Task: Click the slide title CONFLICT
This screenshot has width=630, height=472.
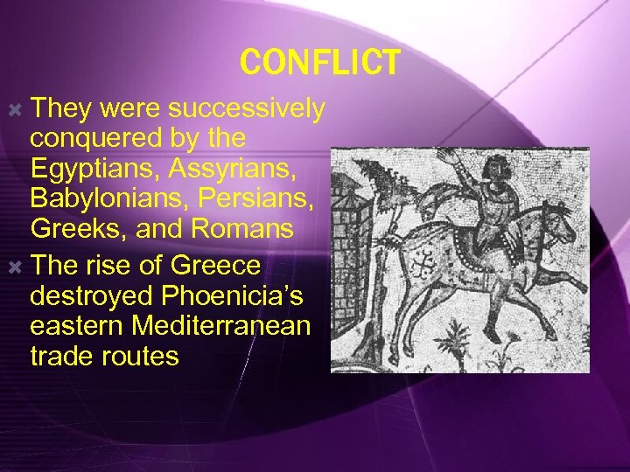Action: coord(319,62)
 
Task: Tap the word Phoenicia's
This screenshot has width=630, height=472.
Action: coord(229,295)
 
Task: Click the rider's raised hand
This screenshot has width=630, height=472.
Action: coord(452,157)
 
